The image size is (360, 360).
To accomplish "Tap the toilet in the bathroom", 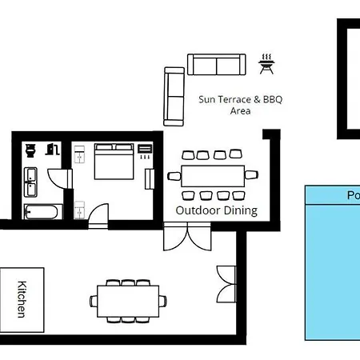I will (x=31, y=150).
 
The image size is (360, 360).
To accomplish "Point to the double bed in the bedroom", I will (x=114, y=162).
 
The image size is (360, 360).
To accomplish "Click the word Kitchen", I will (x=23, y=298).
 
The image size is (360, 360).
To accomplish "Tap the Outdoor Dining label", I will (x=217, y=211).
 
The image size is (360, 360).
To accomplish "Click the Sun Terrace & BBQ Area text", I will (x=240, y=105).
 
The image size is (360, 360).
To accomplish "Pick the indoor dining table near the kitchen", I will (x=129, y=301).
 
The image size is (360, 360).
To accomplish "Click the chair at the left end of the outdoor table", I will (x=174, y=176).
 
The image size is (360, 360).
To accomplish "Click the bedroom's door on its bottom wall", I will (x=98, y=214).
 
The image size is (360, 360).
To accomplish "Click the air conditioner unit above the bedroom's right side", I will (x=145, y=149).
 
